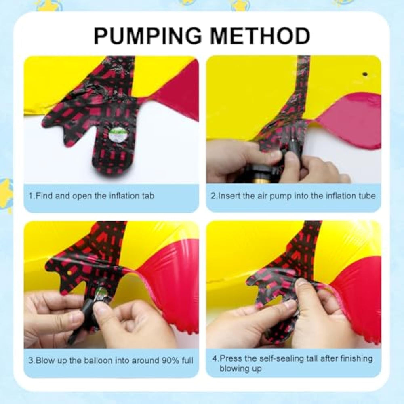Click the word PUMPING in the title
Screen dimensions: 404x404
(148, 36)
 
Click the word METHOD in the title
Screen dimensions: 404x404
(260, 36)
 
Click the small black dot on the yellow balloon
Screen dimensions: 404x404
(365, 74)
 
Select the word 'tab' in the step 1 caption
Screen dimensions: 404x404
(148, 196)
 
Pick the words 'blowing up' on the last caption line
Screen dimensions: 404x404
(241, 369)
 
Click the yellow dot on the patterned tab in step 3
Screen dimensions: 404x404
(69, 273)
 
